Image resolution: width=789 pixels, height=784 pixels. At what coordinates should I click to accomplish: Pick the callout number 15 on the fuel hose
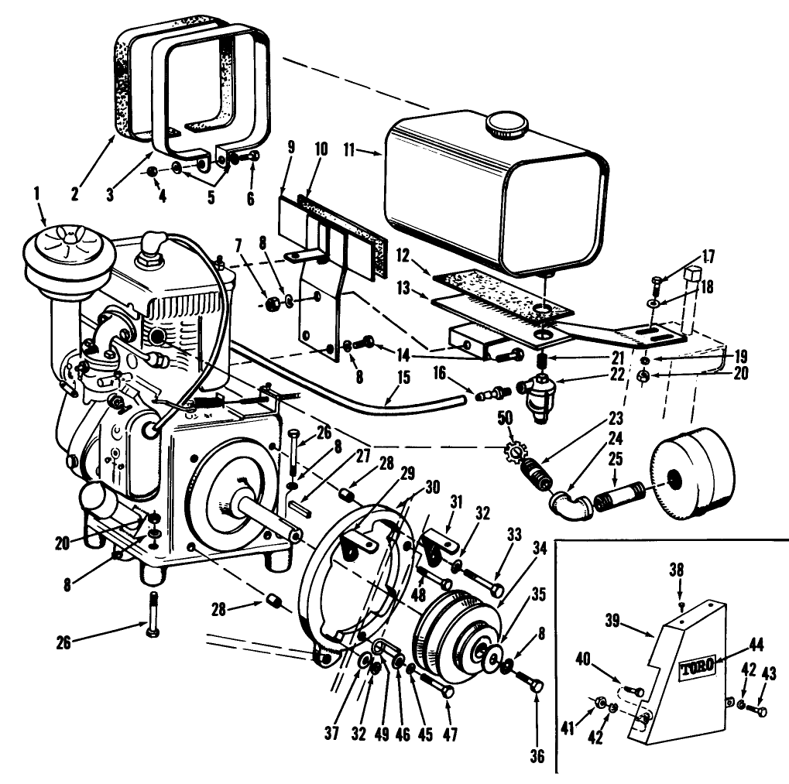coord(403,378)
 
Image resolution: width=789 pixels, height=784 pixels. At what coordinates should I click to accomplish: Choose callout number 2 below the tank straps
coord(75,195)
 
